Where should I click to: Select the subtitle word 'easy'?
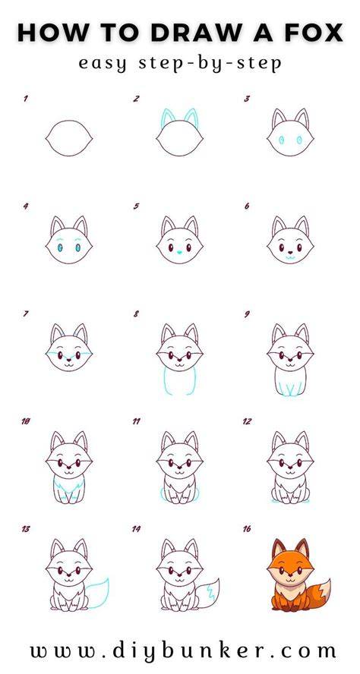coord(103,64)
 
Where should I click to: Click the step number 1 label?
coord(26,99)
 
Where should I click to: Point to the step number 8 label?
coord(137,314)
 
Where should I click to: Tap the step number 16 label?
coord(247,529)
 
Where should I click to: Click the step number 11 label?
coord(137,422)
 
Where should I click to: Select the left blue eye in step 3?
coord(281,140)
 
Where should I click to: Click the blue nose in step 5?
coord(180,252)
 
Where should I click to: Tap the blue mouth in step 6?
coord(290,257)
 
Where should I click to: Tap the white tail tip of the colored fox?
coord(326,588)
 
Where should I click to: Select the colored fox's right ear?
coord(302,548)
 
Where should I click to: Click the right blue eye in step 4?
coord(78,247)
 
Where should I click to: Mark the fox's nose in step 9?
coord(290,360)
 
